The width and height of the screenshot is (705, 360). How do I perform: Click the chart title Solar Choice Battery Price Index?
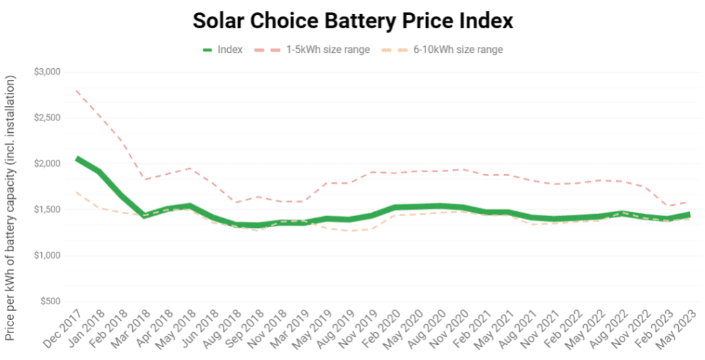click(352, 21)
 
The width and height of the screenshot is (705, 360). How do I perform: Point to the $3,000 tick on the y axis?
click(47, 72)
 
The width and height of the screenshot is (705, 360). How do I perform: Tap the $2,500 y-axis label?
click(47, 118)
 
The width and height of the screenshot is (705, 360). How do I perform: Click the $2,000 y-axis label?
click(47, 164)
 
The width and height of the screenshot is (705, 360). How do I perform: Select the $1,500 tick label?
click(47, 209)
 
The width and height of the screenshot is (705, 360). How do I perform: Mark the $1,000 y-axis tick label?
click(47, 255)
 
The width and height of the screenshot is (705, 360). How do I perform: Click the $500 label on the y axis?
click(50, 301)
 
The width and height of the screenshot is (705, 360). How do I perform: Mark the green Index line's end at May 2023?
click(689, 215)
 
